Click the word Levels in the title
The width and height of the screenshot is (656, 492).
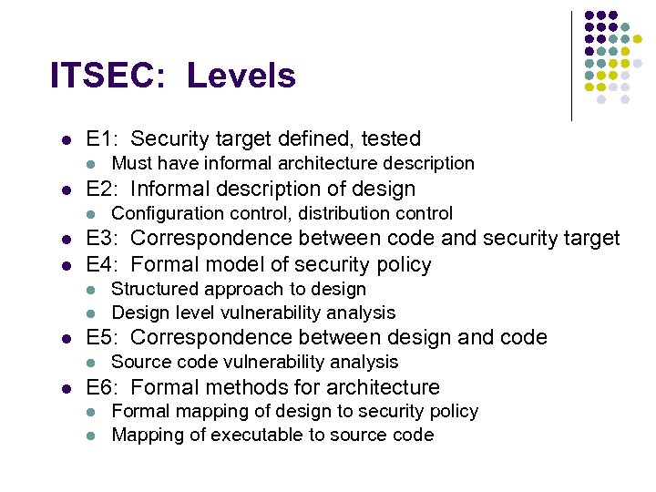[241, 76]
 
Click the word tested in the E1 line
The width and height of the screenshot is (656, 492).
[391, 139]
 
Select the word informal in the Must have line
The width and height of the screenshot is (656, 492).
[236, 164]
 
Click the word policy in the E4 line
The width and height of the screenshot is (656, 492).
[403, 265]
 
